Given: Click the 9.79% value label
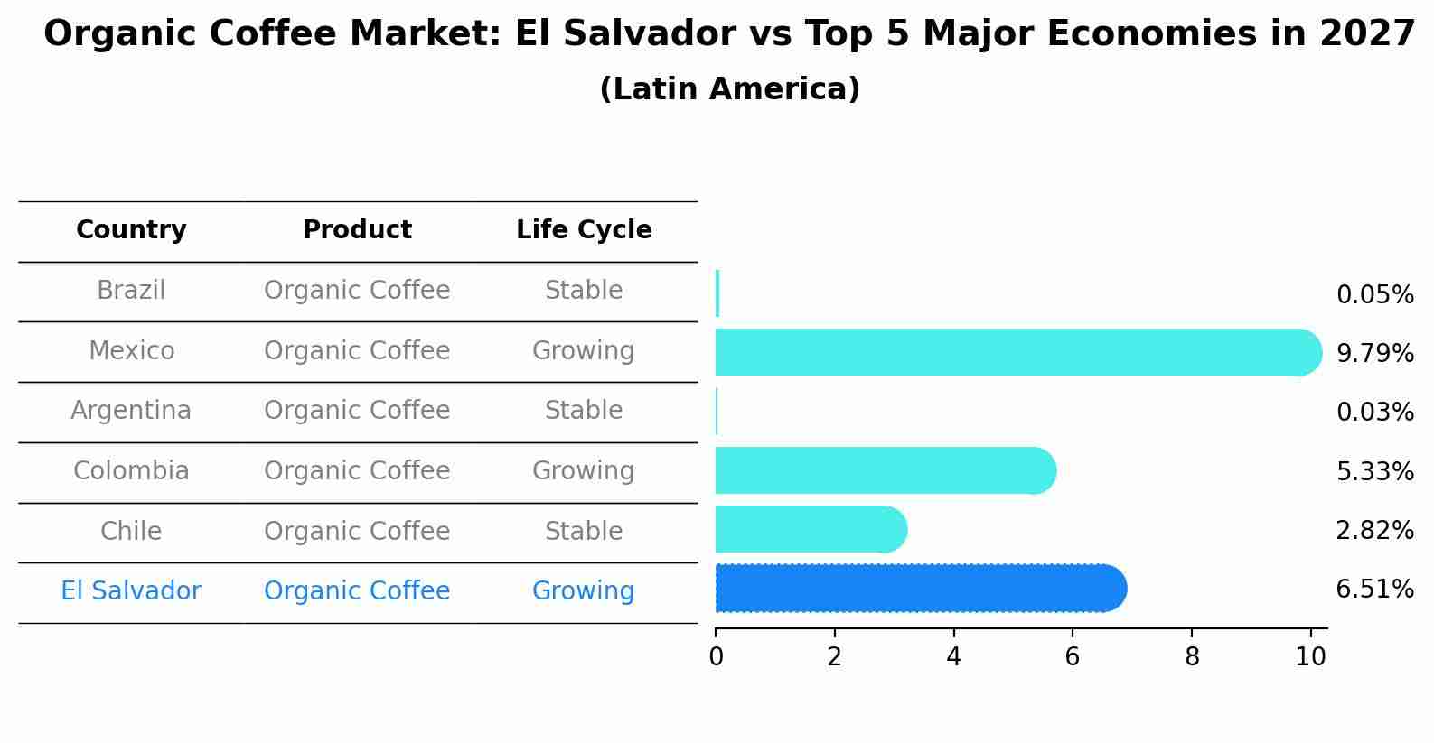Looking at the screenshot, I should (1374, 353).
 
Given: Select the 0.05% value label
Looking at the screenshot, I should (1374, 294).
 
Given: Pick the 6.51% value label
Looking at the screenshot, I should (1374, 590).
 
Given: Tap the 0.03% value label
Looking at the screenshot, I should (1374, 413).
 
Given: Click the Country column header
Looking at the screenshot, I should (131, 230).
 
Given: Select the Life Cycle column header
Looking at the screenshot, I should (584, 230).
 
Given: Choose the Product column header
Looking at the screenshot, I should (357, 230).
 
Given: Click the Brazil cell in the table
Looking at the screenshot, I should (131, 291).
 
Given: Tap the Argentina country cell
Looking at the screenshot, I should (131, 411).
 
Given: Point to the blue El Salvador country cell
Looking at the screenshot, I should (131, 591).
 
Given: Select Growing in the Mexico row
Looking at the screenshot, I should (583, 351).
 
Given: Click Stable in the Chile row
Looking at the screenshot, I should (583, 531).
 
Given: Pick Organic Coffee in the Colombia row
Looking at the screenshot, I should (357, 471).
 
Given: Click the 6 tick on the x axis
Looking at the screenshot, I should (1073, 657).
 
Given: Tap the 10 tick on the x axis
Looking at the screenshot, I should (1310, 657).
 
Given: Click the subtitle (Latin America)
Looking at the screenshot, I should (729, 89).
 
